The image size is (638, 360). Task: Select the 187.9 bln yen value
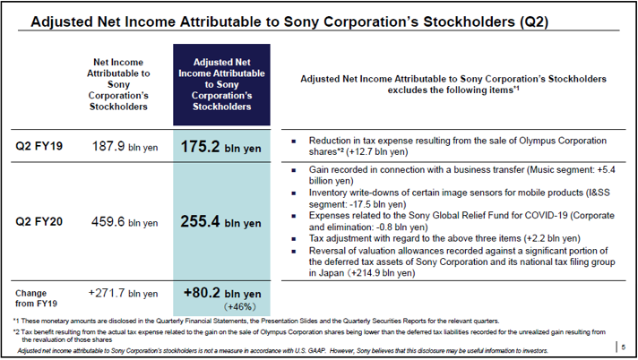point(123,146)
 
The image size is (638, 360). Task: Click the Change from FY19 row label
point(38,298)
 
